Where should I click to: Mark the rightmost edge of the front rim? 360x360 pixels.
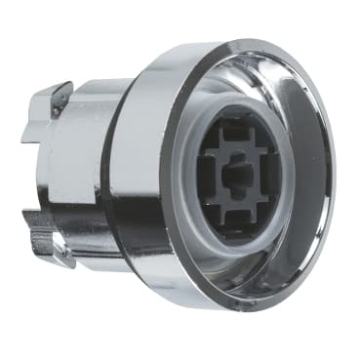(x=335, y=176)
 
